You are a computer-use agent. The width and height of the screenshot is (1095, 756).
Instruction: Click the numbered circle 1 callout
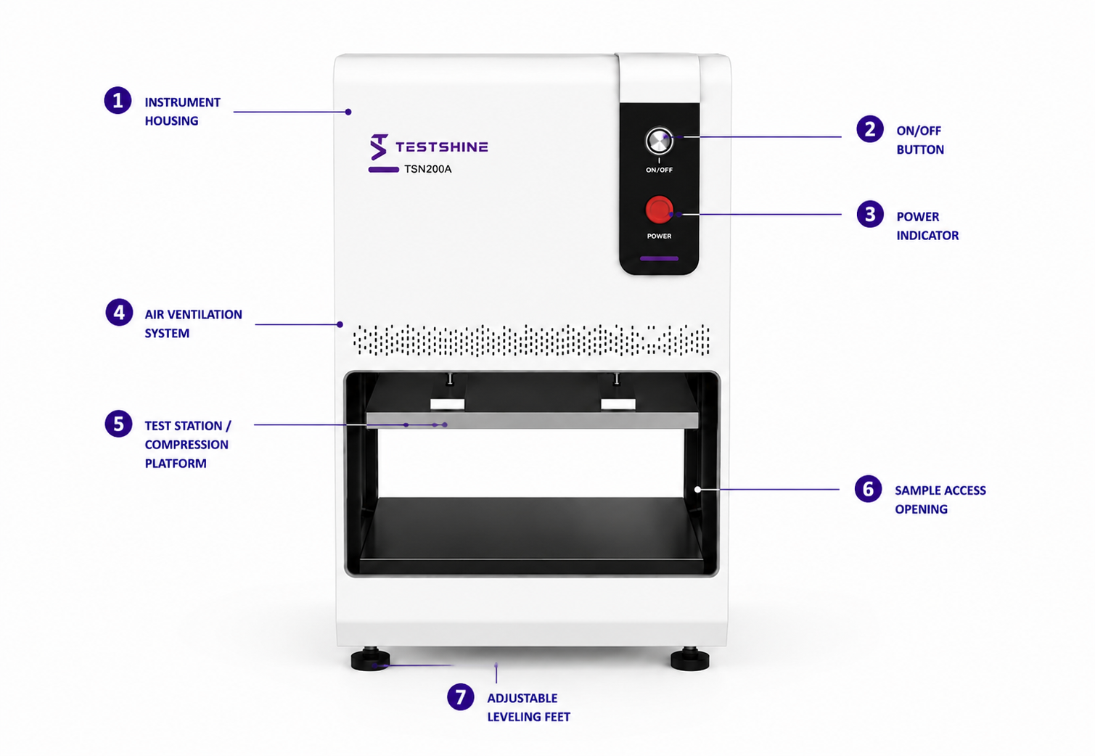tap(118, 100)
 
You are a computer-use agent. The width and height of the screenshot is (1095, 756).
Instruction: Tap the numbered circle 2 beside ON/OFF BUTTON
tap(869, 129)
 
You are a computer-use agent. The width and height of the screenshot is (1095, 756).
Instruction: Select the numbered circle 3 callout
tap(870, 214)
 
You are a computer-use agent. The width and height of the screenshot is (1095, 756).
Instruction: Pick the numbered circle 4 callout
tap(119, 312)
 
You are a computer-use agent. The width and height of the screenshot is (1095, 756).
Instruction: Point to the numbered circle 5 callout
tap(119, 423)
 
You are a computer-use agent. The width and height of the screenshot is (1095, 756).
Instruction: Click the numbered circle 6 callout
tap(868, 489)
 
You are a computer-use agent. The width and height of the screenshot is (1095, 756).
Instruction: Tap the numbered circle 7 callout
tap(461, 697)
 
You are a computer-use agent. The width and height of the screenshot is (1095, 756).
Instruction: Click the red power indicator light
tap(659, 210)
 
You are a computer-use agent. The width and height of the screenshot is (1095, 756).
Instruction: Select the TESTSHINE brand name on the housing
tap(441, 147)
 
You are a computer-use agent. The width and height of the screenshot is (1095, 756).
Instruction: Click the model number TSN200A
tap(427, 169)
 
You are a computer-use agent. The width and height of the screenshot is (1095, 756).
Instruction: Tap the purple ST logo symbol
tap(379, 147)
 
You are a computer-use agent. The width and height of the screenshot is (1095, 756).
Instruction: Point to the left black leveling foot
tap(371, 659)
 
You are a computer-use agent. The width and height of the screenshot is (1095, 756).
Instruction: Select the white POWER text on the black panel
tap(659, 236)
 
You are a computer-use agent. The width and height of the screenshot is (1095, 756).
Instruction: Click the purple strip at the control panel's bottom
tap(659, 258)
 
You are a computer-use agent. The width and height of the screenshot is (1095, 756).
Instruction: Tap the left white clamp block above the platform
tap(447, 404)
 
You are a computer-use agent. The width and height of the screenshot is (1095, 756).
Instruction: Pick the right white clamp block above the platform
tap(618, 404)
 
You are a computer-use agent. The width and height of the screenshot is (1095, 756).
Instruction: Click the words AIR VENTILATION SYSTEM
tap(193, 324)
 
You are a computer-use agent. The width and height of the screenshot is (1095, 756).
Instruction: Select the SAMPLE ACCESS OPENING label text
tap(940, 499)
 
